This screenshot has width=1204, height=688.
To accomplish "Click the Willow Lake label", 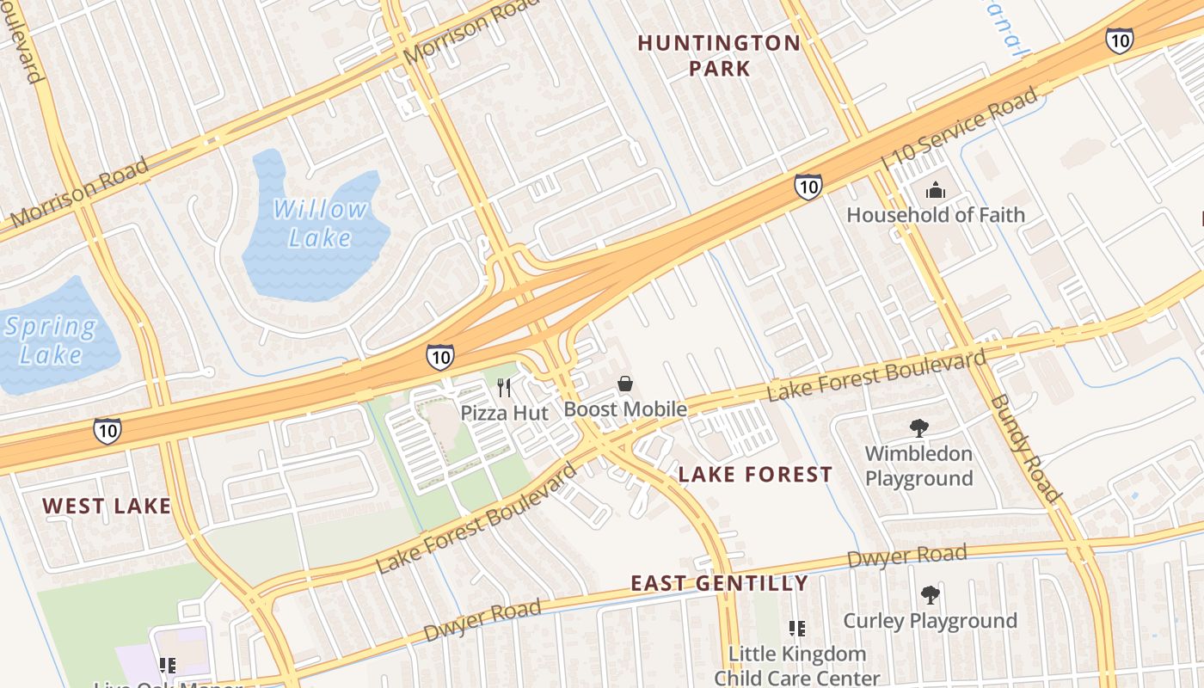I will coord(319,222).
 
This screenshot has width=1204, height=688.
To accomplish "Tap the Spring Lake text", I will coord(50,341).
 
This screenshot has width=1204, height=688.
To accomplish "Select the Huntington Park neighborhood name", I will coord(719,55).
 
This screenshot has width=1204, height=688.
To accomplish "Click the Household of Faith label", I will coord(936,214).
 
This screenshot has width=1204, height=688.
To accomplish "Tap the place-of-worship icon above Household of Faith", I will coord(935,190).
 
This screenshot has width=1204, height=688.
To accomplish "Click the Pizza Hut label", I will coord(504,413).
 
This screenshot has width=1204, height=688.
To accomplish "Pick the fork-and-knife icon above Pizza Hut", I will coord(504,388).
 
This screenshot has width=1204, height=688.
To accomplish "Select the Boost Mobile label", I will coord(625,409).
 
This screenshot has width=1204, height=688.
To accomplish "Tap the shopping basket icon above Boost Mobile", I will coord(625,384).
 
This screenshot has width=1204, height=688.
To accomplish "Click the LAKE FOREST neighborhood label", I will coord(755,474).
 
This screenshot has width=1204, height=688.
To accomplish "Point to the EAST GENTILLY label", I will coord(719,583).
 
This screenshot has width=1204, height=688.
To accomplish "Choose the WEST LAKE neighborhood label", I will coord(107,506).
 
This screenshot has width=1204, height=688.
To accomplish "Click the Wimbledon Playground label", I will coord(918,465).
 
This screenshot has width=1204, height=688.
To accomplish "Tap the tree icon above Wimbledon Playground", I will coord(918,427).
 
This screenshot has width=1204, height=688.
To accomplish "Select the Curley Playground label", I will coord(930,620).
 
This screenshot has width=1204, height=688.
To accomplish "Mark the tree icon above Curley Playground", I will coord(930,594).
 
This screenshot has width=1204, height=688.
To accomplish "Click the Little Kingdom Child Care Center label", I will coord(796,666).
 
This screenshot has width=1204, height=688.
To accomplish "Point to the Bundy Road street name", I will coord(1024,447).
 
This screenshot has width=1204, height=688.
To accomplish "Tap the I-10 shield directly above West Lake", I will coord(107,430).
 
